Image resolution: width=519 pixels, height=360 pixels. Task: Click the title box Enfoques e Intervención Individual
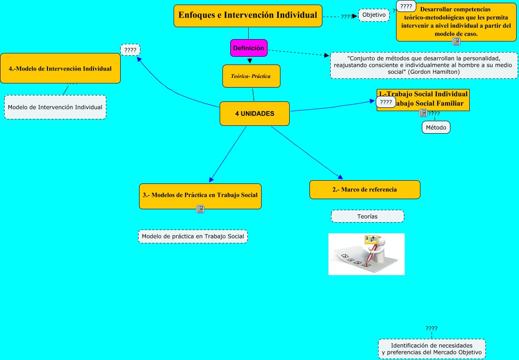[248, 16]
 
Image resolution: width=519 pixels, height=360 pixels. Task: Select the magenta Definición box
[249, 48]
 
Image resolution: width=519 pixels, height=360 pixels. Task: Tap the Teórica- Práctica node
[251, 76]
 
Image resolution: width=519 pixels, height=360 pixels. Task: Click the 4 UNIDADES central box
[254, 113]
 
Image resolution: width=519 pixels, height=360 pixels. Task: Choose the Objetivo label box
[374, 15]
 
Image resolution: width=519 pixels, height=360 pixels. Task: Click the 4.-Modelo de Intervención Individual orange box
[60, 69]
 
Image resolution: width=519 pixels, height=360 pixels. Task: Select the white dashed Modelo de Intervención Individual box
[55, 107]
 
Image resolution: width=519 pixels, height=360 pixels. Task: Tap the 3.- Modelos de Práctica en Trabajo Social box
[200, 195]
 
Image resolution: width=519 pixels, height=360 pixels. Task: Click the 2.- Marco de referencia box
[365, 189]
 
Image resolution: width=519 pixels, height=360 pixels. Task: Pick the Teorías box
[367, 216]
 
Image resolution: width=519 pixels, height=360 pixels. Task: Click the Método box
[436, 127]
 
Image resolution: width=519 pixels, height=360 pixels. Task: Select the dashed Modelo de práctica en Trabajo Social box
[193, 236]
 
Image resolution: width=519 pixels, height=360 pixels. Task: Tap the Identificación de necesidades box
[432, 349]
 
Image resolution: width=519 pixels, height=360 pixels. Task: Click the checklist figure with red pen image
[367, 254]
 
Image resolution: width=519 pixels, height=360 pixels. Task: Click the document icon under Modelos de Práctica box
[200, 209]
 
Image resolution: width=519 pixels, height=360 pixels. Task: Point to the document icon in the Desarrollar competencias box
[456, 41]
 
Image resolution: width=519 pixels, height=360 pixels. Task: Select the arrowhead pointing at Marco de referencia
[341, 177]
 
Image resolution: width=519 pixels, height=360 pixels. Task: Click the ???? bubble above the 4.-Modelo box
[130, 49]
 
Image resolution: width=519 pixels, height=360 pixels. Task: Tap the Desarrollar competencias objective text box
[456, 22]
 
